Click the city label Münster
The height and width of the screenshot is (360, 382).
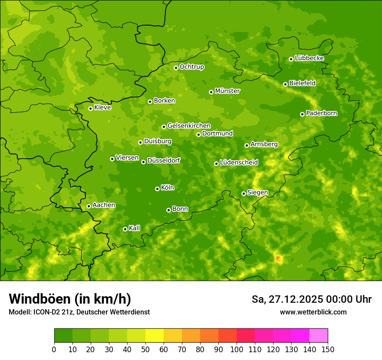227,91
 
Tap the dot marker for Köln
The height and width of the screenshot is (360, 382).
157,189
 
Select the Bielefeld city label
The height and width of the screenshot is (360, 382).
303,83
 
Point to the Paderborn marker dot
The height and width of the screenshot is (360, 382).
302,114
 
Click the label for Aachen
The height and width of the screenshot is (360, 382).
104,205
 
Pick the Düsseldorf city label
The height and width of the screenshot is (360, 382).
164,160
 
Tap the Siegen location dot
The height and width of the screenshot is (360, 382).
244,193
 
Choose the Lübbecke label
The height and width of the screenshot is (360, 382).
310,58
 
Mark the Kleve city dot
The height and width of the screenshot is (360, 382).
90,108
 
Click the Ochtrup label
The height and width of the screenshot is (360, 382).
192,67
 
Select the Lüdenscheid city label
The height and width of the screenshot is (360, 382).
239,163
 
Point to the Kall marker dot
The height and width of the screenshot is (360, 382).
125,229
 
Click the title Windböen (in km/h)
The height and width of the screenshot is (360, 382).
69,299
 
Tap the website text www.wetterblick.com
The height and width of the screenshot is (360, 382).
313,312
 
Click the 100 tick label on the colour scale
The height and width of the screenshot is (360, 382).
237,349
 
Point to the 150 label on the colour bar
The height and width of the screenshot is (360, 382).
328,349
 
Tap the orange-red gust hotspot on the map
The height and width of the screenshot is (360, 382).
278,259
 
